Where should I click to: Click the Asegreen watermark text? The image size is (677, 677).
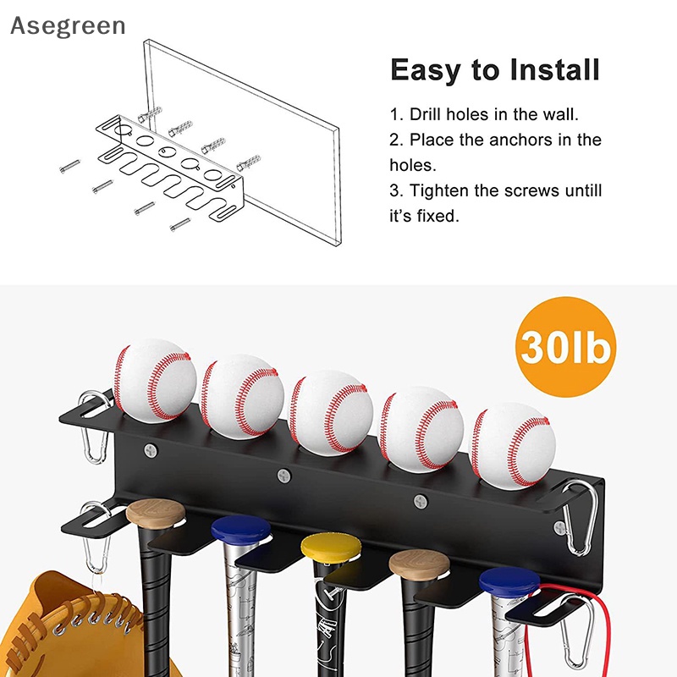click(68, 26)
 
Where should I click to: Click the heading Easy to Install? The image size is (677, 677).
click(495, 70)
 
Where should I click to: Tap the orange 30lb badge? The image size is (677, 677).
click(567, 347)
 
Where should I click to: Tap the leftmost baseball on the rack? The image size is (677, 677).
click(156, 381)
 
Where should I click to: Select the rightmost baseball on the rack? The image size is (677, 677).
click(513, 443)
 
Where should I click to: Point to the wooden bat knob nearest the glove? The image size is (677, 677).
click(156, 514)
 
